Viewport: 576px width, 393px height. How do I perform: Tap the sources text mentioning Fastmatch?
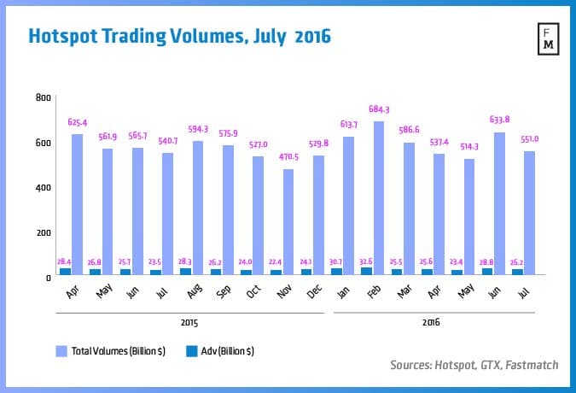(x=474, y=365)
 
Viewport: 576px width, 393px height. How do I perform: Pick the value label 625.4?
(x=78, y=122)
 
